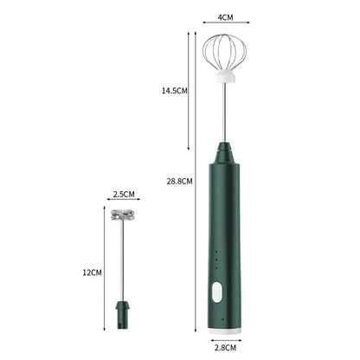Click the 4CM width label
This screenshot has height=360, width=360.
point(226,16)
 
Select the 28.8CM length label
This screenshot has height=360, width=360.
point(179,181)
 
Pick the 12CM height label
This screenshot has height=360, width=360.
point(92,272)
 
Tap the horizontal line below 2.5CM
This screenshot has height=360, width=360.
point(124,204)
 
